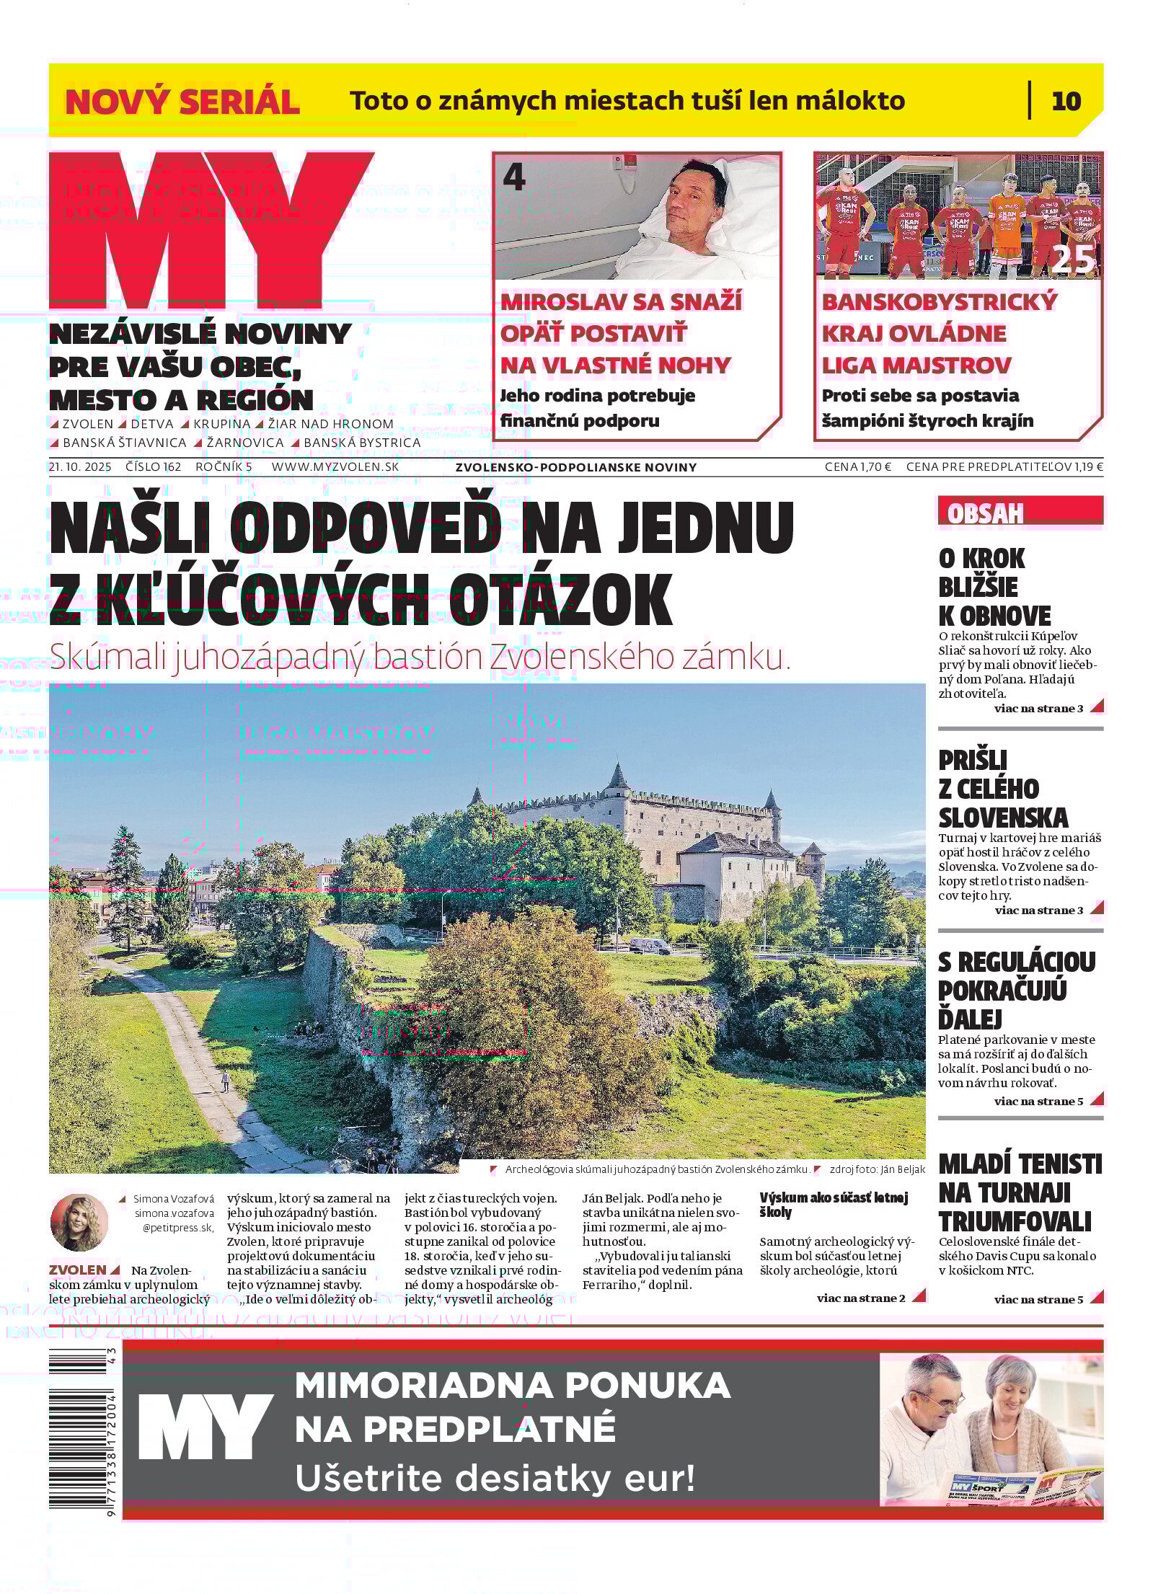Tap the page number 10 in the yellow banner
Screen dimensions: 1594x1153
1066,101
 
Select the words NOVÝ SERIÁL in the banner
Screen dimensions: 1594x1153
182,102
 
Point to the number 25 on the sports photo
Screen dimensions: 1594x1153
1073,260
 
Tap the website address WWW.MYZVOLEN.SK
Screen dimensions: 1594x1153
335,466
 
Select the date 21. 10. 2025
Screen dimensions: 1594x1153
80,466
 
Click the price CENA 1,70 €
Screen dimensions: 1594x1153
857,466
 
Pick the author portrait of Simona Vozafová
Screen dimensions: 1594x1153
79,1222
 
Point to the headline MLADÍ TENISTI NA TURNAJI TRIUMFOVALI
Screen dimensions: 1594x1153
1020,1192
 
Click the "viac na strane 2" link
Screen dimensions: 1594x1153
861,1298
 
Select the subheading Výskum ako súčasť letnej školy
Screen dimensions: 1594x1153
833,1205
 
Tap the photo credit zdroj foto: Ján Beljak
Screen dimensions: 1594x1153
877,1169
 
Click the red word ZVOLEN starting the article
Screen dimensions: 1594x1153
77,1270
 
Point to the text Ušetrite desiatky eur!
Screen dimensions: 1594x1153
495,1479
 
